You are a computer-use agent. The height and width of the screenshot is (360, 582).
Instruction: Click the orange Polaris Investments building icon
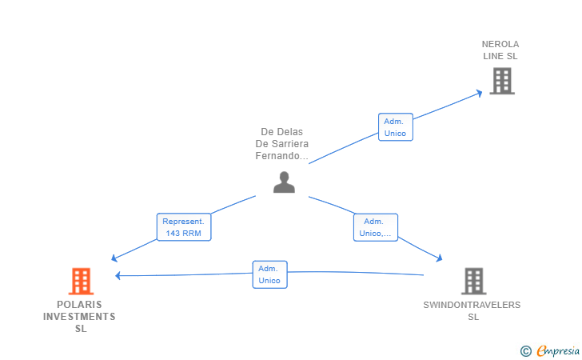coord(81,281)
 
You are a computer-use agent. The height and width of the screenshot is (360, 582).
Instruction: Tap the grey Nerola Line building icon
coord(502,81)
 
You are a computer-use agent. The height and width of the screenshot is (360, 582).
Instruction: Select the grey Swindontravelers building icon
coord(473,281)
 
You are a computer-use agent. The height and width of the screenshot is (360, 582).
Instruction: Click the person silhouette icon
coord(284,182)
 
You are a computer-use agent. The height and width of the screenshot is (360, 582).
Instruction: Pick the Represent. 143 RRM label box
coord(184,227)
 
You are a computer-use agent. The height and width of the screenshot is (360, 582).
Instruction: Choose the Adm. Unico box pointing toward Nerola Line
coord(395,127)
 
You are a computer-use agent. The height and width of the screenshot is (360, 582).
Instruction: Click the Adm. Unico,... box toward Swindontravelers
coord(375,227)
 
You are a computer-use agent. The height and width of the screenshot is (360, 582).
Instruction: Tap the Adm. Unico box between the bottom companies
coord(270,274)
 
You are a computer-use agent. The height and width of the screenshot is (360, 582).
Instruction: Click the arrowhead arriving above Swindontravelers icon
coord(440,258)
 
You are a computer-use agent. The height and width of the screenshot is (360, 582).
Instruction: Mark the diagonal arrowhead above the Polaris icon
coord(114,258)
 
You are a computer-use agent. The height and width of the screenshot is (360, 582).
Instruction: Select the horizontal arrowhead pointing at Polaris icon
coord(118,275)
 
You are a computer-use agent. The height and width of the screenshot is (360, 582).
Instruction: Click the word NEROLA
coord(500,44)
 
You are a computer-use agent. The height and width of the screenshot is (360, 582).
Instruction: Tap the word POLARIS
coord(79,305)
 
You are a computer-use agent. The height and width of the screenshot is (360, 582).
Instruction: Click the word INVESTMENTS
coord(79,317)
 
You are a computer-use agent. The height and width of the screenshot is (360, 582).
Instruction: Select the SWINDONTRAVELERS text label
coord(472,305)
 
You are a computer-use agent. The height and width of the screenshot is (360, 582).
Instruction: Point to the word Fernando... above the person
coord(281,156)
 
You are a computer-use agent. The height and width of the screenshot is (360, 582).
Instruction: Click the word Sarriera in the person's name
coord(290,144)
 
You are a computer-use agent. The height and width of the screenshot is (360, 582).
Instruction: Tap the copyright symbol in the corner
coord(526,351)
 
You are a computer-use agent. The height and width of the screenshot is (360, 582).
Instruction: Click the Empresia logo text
coord(558,350)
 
